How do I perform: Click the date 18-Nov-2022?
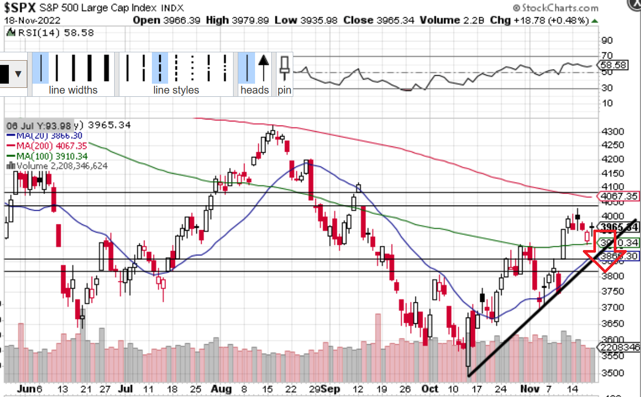(x=32, y=20)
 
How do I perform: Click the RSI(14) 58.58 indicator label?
(x=50, y=32)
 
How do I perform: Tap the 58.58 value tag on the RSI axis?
(x=613, y=65)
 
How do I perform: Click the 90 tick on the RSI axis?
(x=607, y=40)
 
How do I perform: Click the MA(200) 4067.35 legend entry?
(x=47, y=145)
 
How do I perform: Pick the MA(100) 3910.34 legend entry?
(x=47, y=156)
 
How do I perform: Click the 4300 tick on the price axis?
(x=611, y=131)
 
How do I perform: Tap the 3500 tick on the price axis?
(x=611, y=373)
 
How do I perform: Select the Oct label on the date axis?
(x=429, y=390)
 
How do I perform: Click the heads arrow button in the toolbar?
(x=264, y=67)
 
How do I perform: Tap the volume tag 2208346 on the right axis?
(x=618, y=347)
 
